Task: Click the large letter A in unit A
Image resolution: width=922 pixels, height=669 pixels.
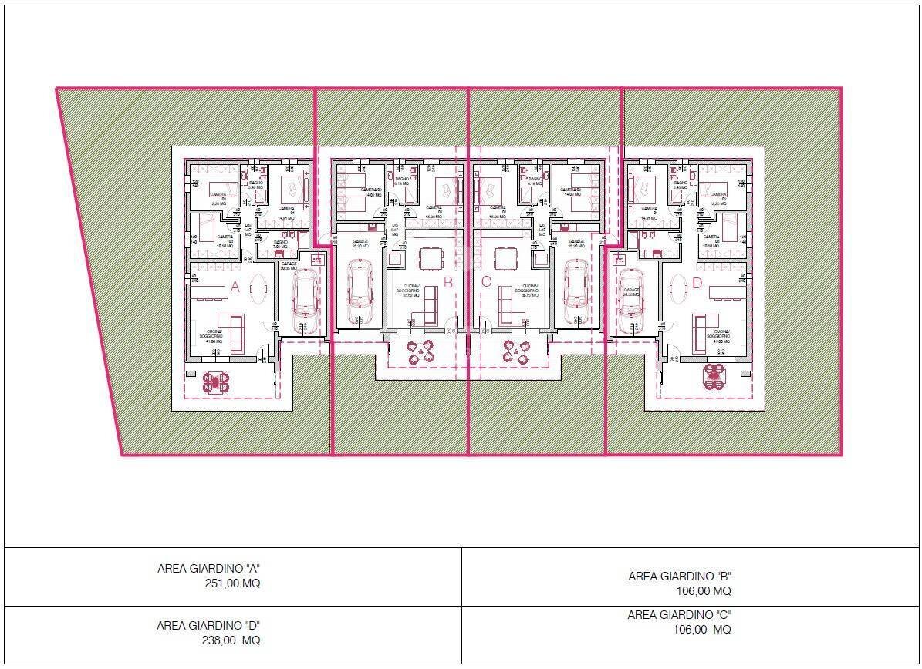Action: coord(235,287)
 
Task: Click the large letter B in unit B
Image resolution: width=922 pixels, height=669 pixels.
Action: coord(447,282)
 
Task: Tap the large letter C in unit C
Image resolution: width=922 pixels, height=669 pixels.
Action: coord(486,282)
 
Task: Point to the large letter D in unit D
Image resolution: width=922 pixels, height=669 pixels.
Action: coord(697,284)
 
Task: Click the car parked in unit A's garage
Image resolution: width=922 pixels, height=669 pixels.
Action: coord(305,296)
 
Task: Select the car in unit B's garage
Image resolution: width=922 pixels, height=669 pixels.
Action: coord(360,291)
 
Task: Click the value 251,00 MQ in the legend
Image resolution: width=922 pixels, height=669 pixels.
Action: coord(231,583)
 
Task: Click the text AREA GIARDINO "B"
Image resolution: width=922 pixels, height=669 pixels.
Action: coord(679,576)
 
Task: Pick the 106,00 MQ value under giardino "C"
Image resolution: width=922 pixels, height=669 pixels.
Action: coord(700,630)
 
